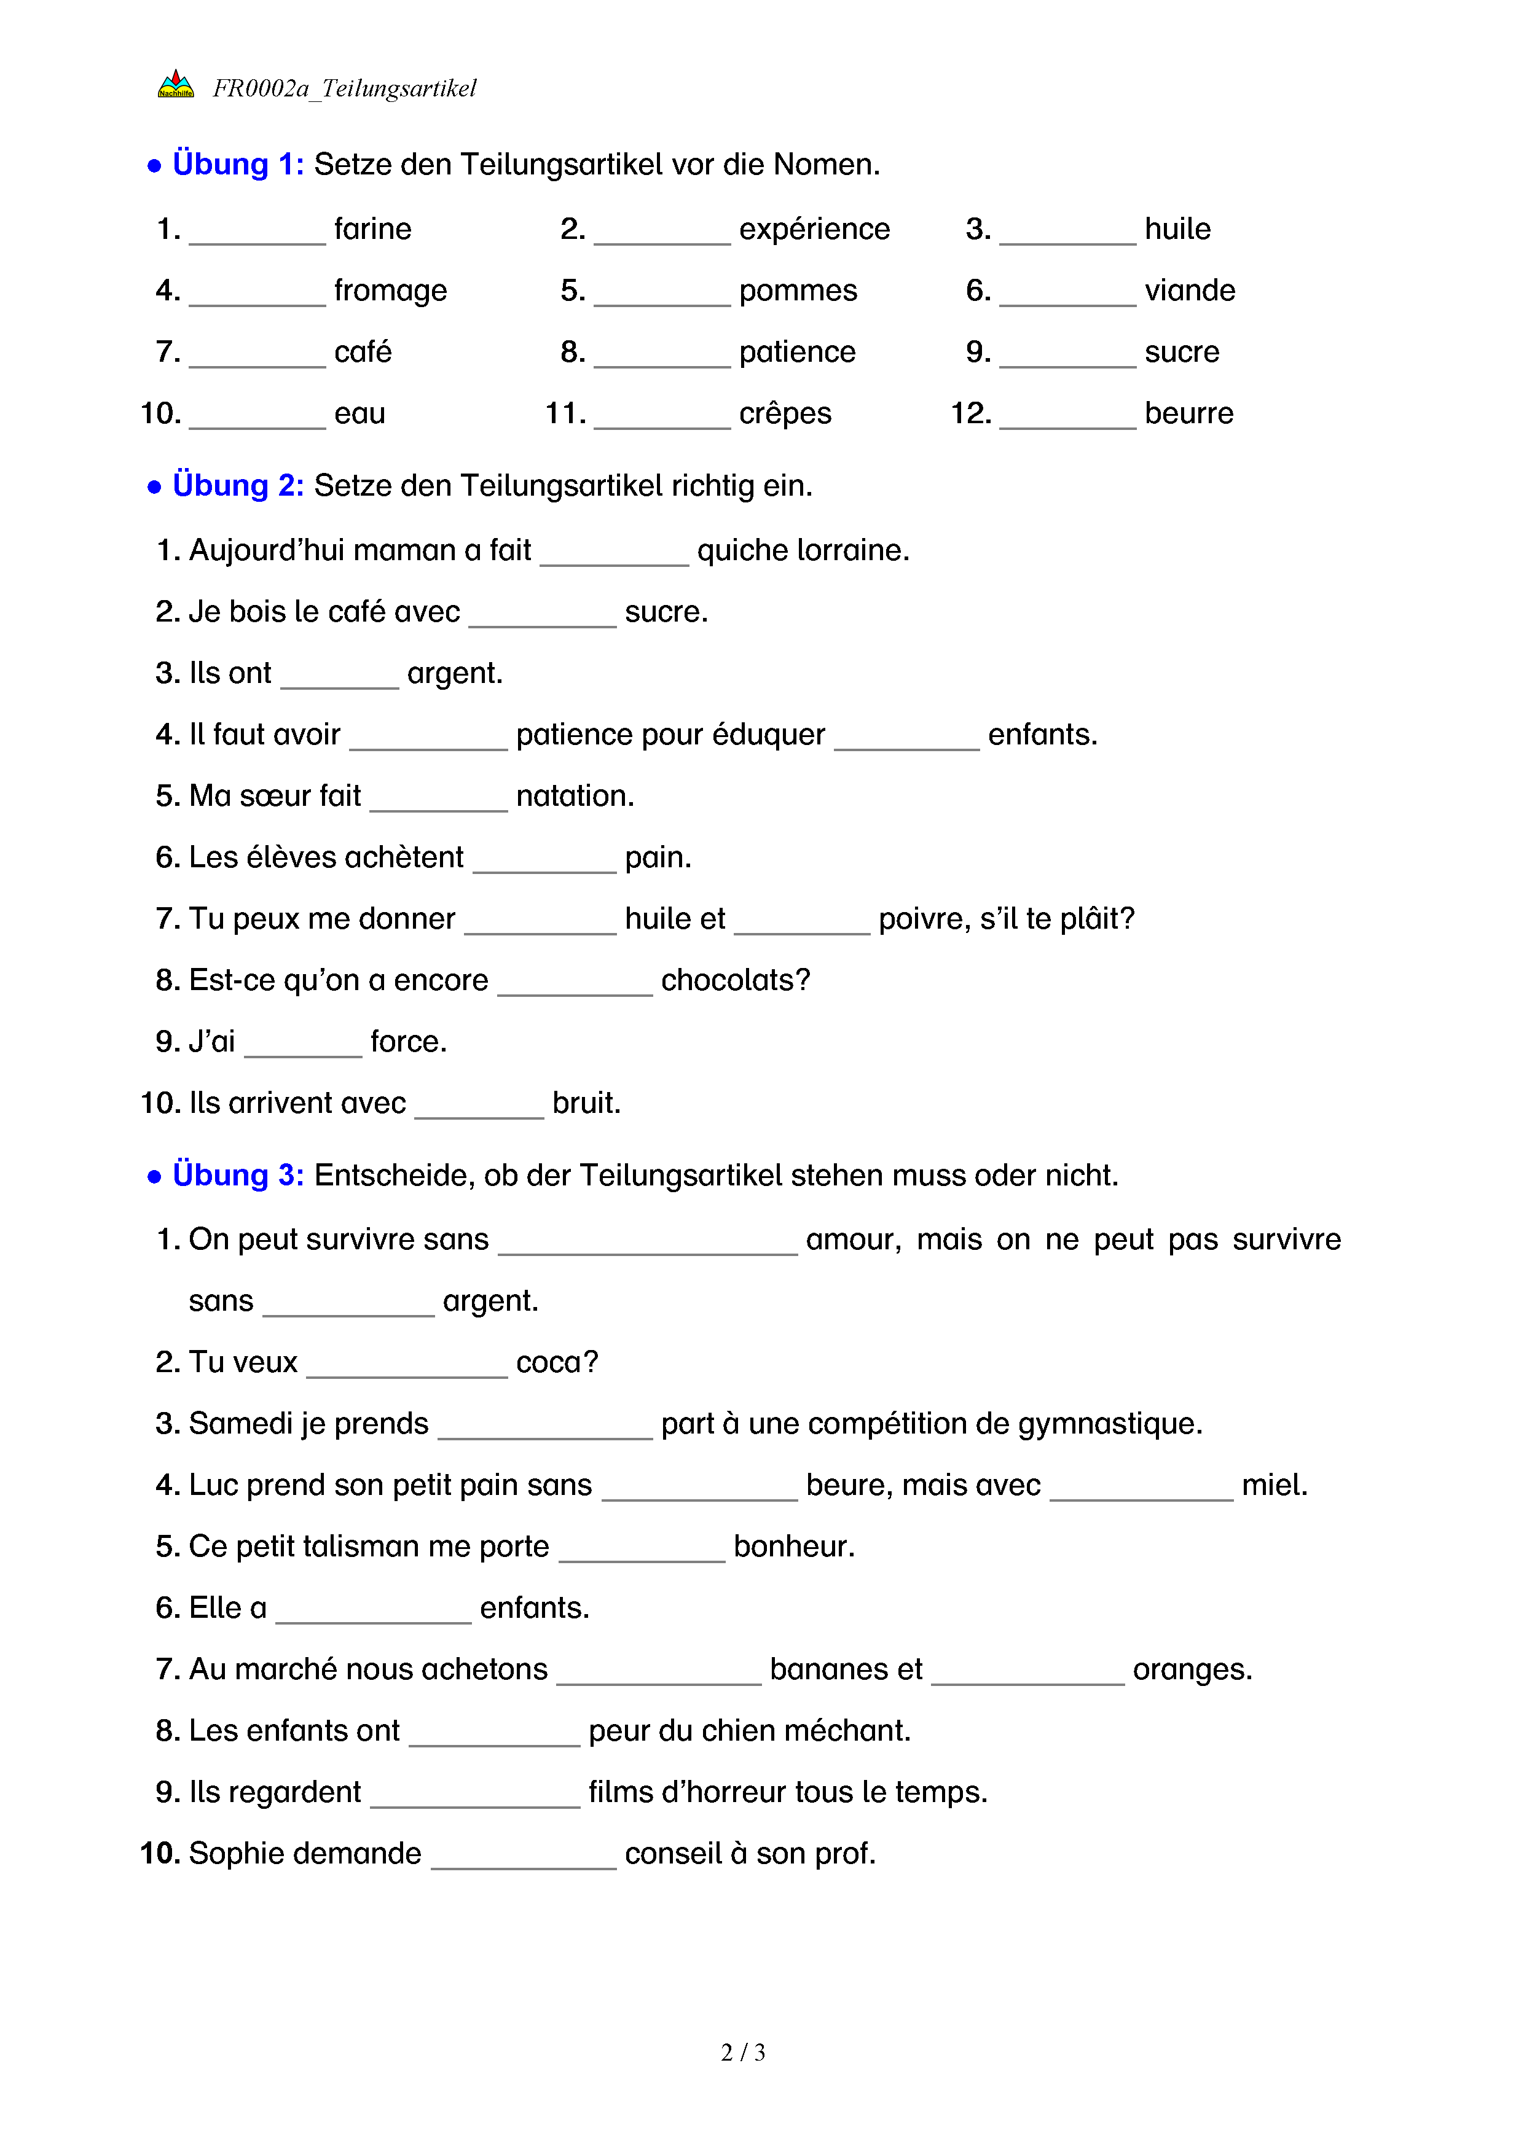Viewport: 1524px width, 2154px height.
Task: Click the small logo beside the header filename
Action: point(176,85)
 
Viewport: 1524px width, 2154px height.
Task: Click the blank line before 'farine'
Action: point(257,235)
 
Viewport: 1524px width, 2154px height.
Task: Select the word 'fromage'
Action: point(390,291)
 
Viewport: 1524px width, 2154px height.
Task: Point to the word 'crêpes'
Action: point(785,414)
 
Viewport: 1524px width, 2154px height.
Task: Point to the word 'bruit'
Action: point(586,1103)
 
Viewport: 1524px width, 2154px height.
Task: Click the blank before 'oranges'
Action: point(1027,1677)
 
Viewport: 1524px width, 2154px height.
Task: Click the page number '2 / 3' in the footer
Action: point(743,2053)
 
